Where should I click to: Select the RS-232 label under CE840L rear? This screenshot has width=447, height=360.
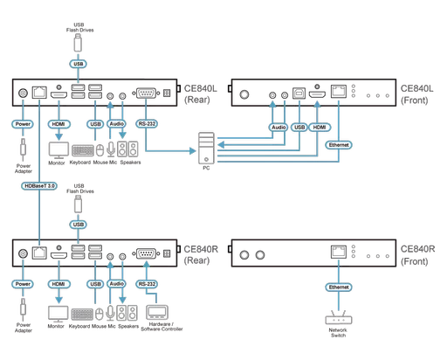coord(147,125)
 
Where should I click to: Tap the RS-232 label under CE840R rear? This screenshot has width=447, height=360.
coord(147,284)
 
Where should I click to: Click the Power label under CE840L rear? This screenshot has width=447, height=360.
coord(23,125)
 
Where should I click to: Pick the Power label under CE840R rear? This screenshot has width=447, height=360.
coord(23,284)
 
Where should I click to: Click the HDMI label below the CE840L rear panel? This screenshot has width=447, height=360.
coord(58,125)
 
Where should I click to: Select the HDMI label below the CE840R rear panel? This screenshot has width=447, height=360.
coord(58,284)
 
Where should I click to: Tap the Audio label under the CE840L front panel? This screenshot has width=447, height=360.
coord(277,127)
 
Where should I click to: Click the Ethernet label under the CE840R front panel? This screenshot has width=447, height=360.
coord(336,286)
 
